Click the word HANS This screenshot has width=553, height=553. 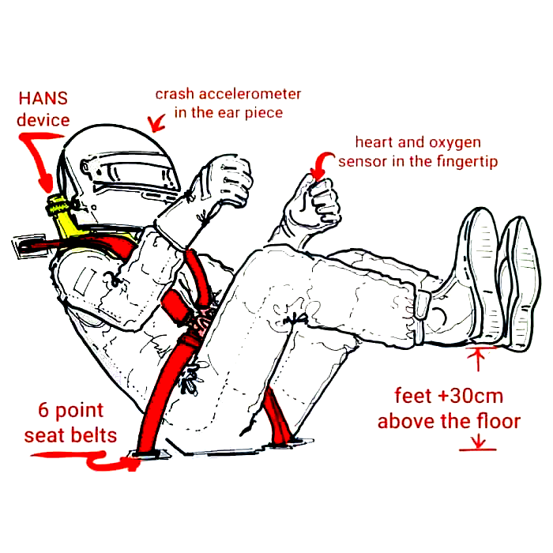pyautogui.click(x=43, y=98)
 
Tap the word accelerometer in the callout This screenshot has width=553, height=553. pyautogui.click(x=250, y=94)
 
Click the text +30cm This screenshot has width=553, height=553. pyautogui.click(x=471, y=396)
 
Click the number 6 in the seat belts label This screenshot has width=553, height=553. pyautogui.click(x=43, y=410)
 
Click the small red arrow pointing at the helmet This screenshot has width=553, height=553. pyautogui.click(x=156, y=122)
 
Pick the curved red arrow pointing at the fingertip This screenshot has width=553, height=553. pyautogui.click(x=322, y=164)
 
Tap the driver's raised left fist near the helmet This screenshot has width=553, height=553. pyautogui.click(x=229, y=180)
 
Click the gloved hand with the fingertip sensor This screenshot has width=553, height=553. pyautogui.click(x=314, y=205)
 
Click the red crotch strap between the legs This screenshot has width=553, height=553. pyautogui.click(x=277, y=416)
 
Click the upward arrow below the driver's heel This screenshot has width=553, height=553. pyautogui.click(x=478, y=359)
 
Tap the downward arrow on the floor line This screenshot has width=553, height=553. pyautogui.click(x=478, y=442)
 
